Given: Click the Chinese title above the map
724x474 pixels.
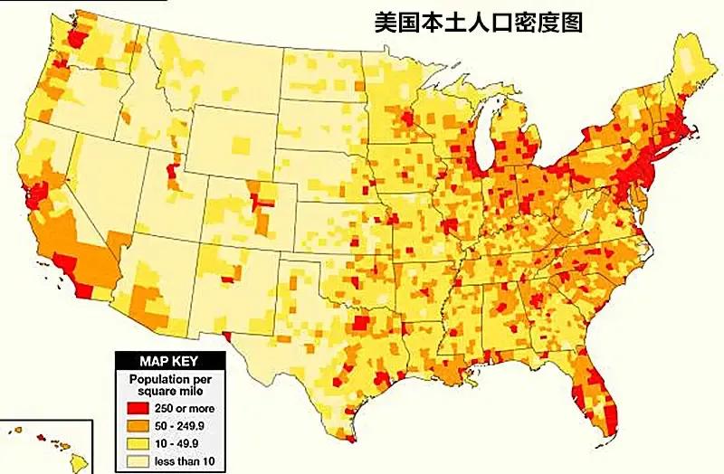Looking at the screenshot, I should click(x=479, y=22).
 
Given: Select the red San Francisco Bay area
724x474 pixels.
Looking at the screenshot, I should click(x=40, y=191).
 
